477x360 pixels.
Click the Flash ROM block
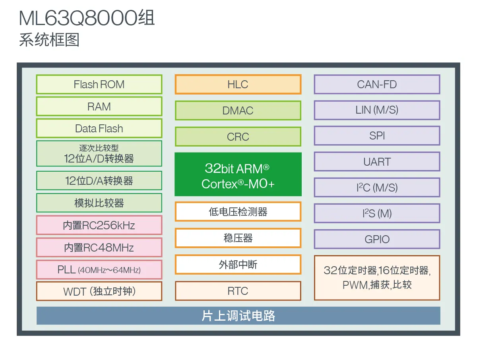point(99,84)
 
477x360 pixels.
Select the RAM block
point(99,106)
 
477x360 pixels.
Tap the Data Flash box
point(99,128)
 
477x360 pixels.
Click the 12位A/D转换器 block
point(99,153)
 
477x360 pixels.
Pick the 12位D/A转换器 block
point(99,181)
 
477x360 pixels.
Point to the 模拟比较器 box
point(99,203)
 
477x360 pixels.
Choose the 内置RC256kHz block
point(99,225)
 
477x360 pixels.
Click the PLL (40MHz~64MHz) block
point(99,269)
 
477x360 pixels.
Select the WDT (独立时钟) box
point(99,291)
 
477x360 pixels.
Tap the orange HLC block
point(238,84)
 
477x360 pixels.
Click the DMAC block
point(238,110)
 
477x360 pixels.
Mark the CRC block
point(238,137)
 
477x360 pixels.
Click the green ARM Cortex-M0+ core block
point(238,174)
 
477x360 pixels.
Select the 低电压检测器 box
point(238,212)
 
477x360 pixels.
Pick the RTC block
point(238,291)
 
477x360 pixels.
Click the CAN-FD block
point(377,84)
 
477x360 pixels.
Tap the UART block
point(377,162)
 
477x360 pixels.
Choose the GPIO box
point(377,239)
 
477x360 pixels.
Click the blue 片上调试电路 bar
point(238,316)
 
